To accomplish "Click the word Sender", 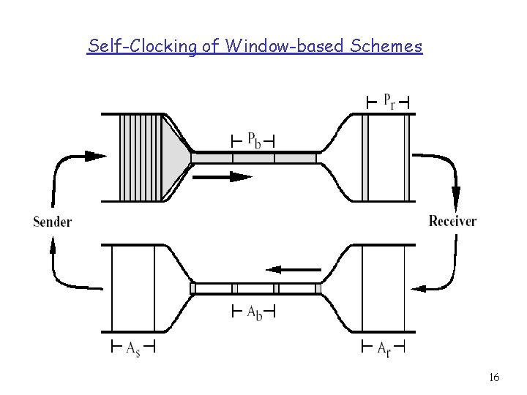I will pyautogui.click(x=52, y=222).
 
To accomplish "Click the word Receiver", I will pyautogui.click(x=452, y=221).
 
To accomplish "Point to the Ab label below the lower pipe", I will pyautogui.click(x=253, y=313).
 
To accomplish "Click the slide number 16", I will pyautogui.click(x=493, y=377).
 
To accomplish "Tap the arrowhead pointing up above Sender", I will pyautogui.click(x=53, y=249).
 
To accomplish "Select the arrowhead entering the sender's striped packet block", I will pyautogui.click(x=95, y=156).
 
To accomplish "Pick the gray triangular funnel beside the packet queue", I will pyautogui.click(x=176, y=157).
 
